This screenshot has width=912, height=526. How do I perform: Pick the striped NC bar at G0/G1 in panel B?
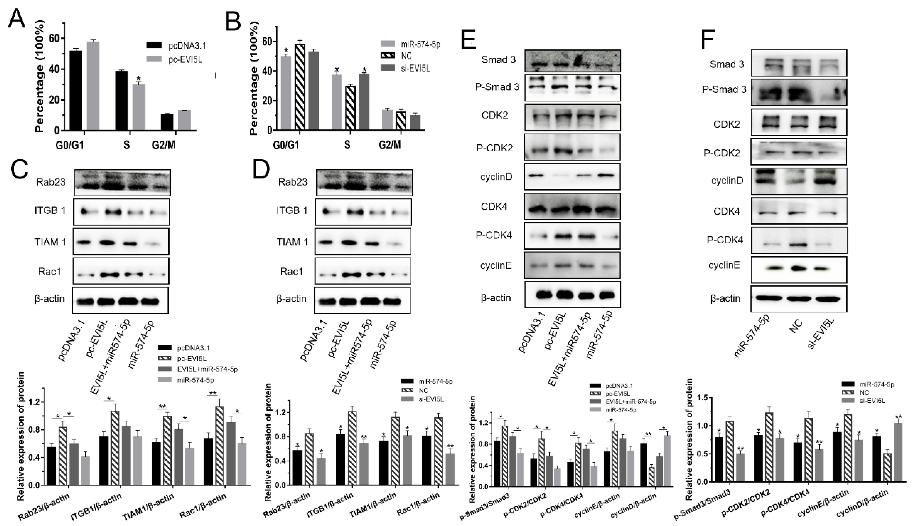(x=300, y=87)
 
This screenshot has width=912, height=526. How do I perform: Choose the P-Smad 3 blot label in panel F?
(x=724, y=89)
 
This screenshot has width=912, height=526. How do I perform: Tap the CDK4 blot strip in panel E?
(x=572, y=206)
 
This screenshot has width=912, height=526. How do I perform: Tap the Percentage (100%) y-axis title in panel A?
(x=41, y=77)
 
